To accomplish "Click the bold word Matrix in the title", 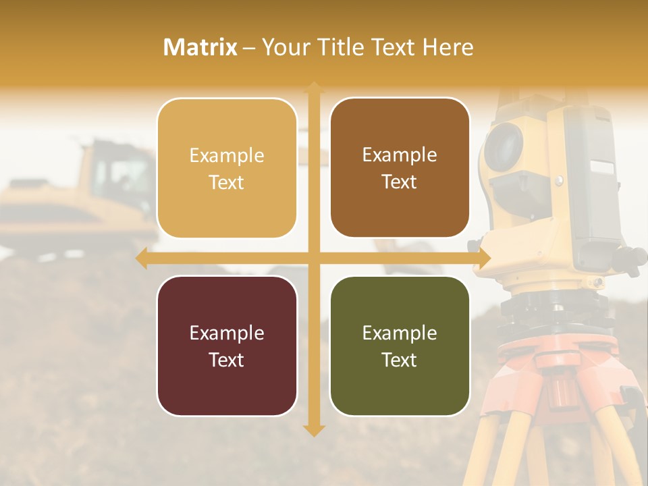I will (200, 47).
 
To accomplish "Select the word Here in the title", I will (448, 47).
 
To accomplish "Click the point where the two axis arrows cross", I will (314, 258).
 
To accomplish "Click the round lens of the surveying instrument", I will (503, 147).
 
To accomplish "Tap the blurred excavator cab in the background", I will (122, 172).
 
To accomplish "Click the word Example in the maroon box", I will (227, 333).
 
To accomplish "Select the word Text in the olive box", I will (400, 360).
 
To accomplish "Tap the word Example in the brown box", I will (400, 155).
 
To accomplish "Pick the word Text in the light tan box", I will (227, 182).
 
